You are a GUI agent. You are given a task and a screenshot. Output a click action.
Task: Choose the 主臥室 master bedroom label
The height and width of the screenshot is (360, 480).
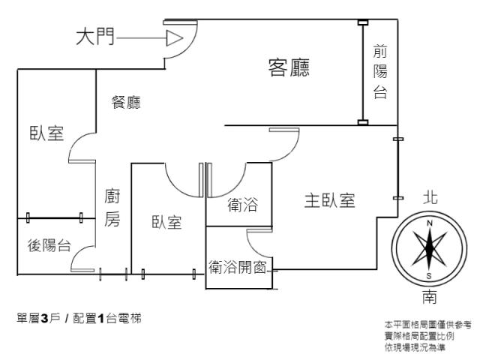point(329,200)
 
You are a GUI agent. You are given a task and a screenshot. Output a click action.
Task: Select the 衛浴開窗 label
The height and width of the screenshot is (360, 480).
point(238,265)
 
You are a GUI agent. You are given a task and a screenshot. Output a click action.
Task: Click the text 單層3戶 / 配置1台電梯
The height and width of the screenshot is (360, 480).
point(72,319)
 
